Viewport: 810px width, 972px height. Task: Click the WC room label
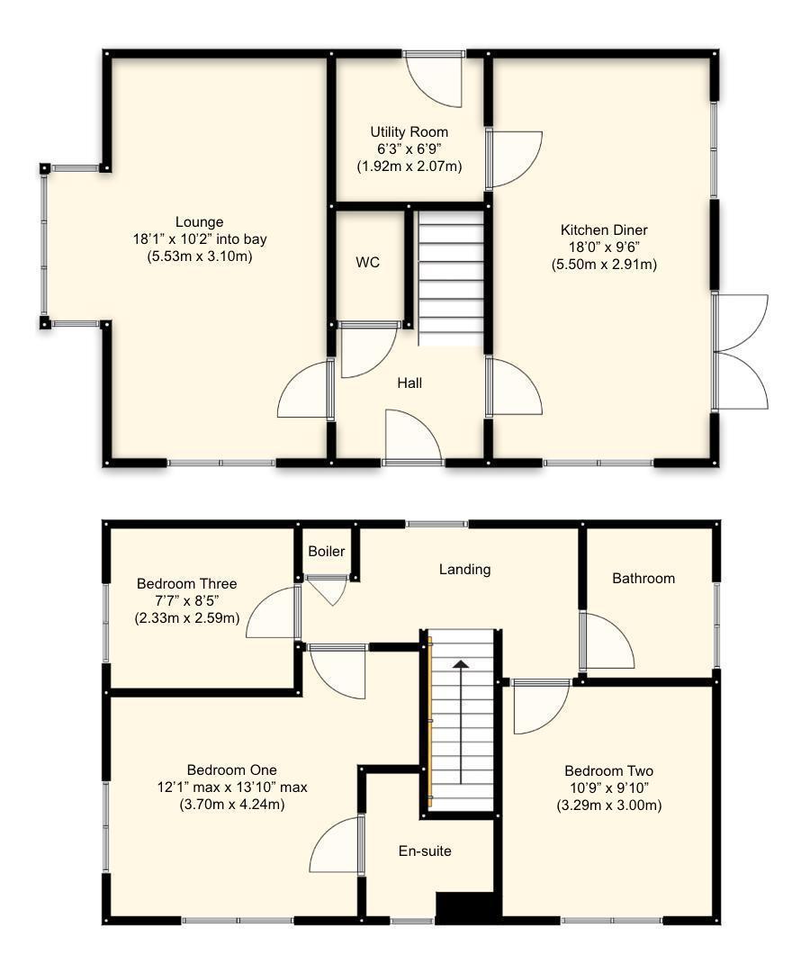[367, 263]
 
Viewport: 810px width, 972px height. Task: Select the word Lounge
[199, 222]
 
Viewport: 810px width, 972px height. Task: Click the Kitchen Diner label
[603, 230]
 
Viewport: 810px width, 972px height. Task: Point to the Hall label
[409, 383]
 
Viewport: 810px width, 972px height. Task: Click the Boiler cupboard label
[326, 552]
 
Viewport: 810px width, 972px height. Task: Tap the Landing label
[464, 569]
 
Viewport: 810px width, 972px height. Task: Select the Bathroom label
[643, 579]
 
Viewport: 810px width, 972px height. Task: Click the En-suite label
[425, 850]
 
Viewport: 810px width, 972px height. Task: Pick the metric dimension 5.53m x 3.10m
[199, 256]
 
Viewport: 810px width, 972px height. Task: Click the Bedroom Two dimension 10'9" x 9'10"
[608, 788]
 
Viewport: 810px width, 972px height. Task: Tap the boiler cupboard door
[327, 589]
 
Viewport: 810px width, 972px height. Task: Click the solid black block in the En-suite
[467, 907]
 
